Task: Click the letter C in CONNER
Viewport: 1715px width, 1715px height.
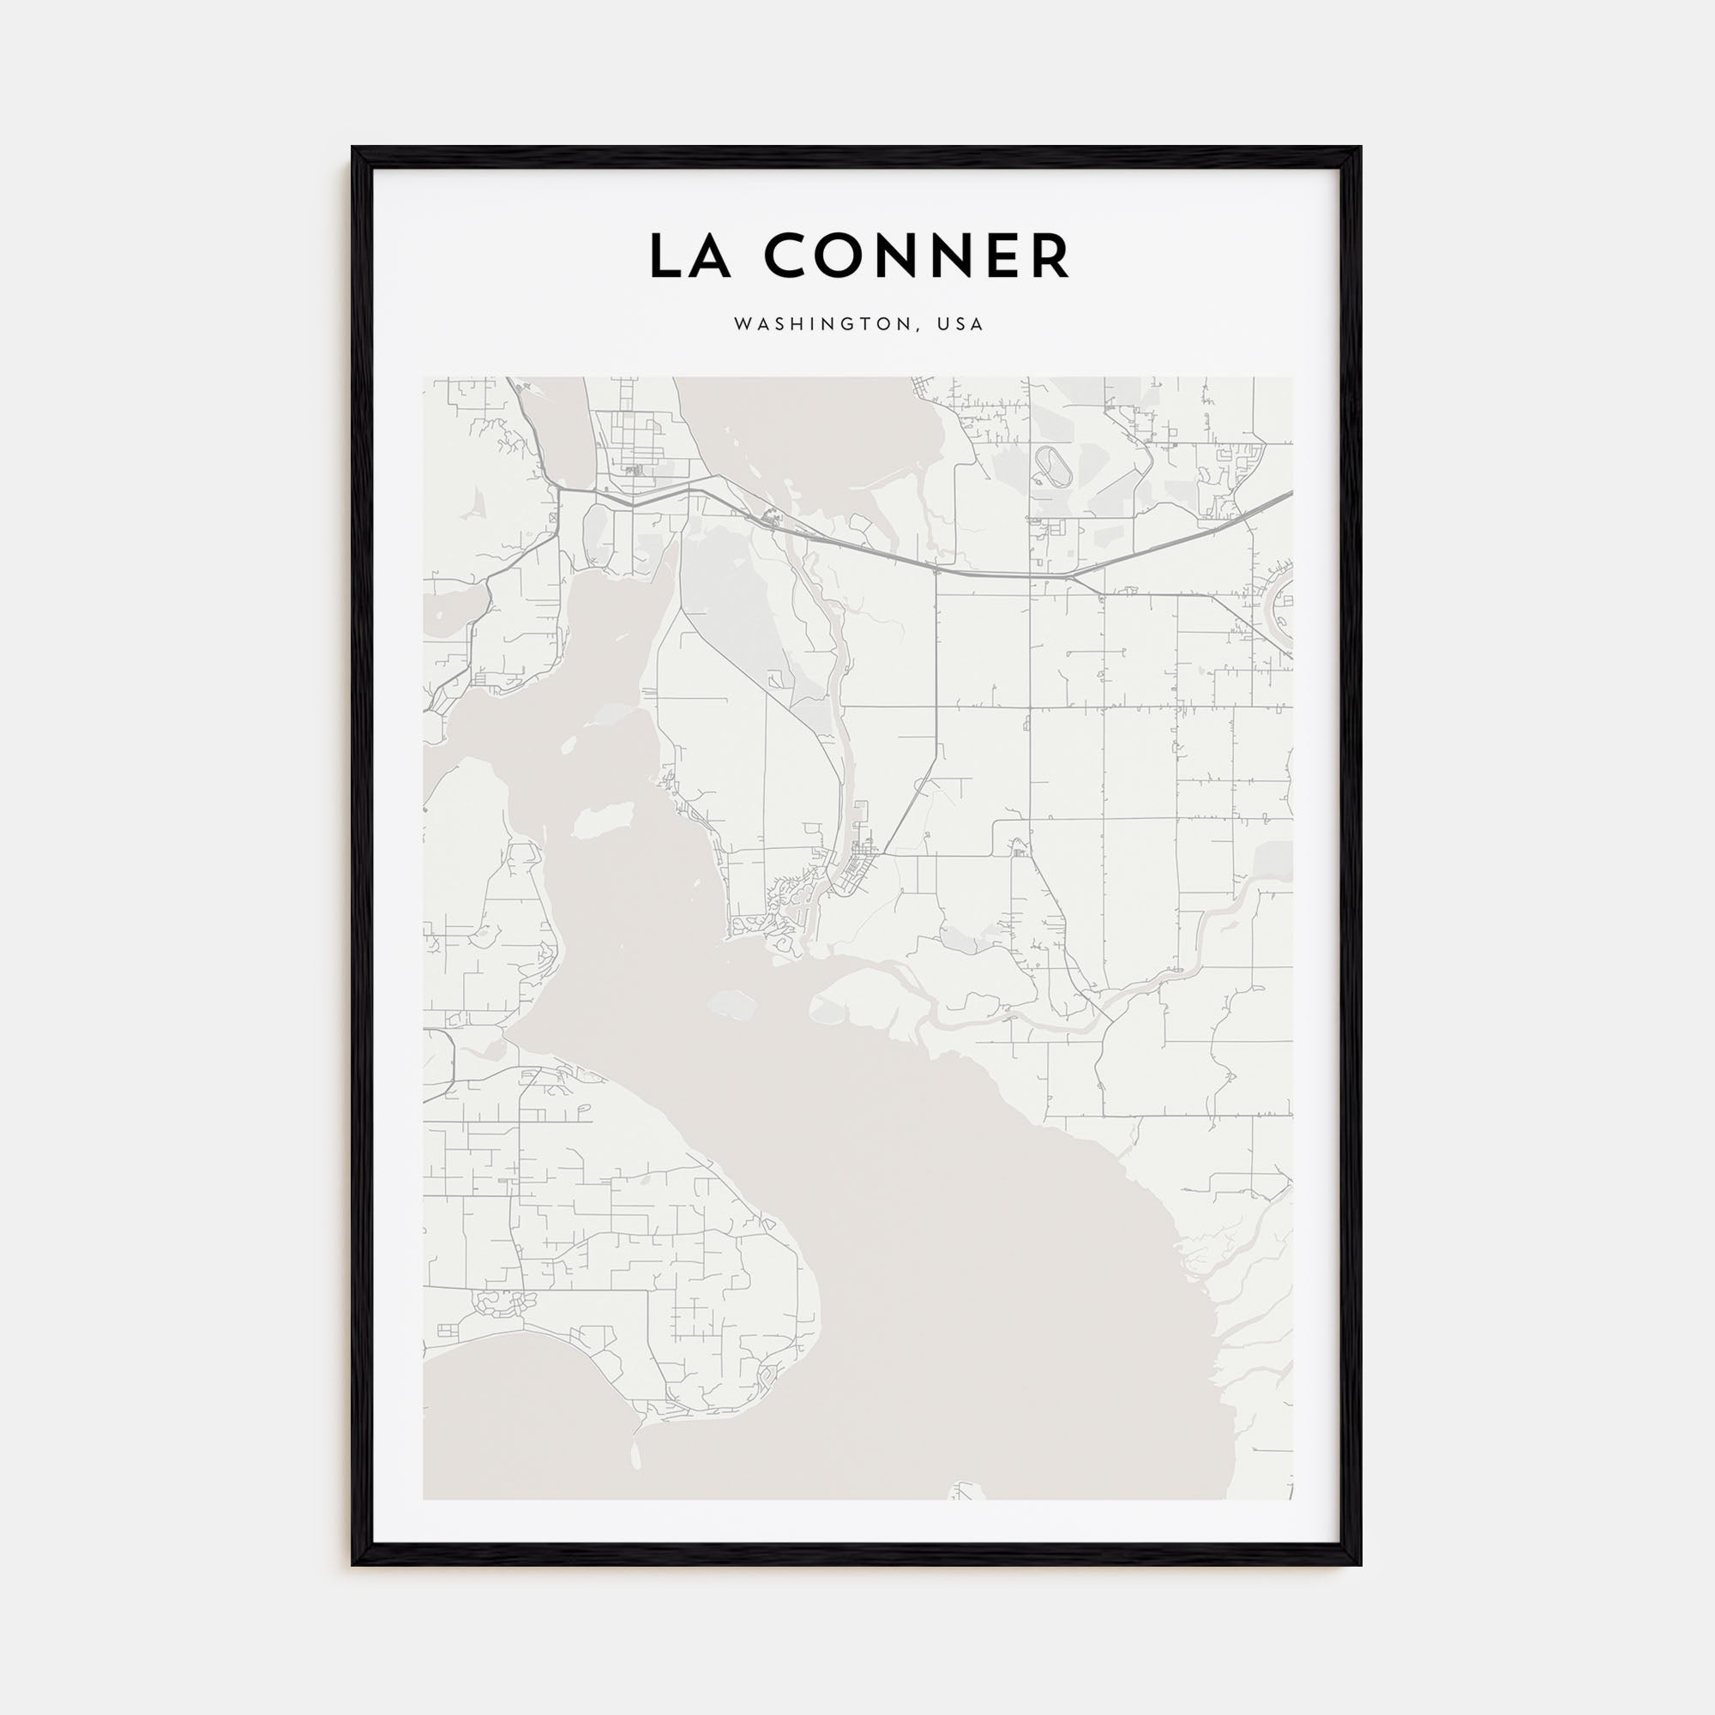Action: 785,256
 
